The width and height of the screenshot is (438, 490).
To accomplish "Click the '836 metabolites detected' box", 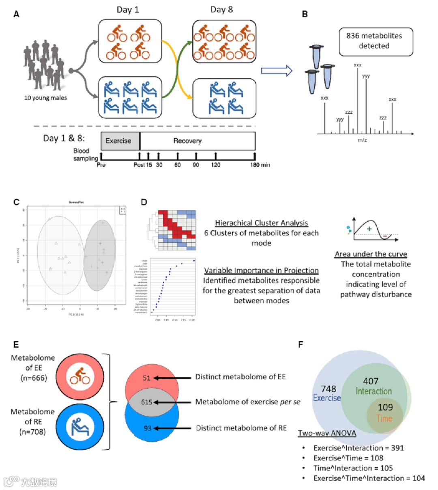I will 376,41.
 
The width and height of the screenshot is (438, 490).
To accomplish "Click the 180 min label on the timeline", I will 260,165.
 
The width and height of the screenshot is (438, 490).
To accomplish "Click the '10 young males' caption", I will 45,98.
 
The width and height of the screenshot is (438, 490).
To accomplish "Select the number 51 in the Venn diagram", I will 147,378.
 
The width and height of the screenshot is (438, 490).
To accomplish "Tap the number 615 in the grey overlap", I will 146,402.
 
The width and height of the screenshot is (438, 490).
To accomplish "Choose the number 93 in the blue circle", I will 147,428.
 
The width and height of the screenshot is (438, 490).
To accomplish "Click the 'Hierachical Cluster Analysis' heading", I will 261,223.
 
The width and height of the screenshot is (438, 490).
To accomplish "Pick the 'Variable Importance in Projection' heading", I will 261,271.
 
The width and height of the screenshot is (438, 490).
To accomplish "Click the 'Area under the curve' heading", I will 371,254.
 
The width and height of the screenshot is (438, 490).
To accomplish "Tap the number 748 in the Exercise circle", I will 328,389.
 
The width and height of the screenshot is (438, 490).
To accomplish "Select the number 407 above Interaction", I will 371,381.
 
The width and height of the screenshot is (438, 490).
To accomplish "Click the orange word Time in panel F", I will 384,418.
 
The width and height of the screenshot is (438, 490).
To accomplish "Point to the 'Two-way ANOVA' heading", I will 327,433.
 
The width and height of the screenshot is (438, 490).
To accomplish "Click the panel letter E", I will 16,344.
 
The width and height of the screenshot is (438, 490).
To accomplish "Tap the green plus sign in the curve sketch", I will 369,229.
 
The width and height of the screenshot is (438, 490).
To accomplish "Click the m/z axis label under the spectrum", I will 362,140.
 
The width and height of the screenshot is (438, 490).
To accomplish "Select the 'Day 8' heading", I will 221,10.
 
